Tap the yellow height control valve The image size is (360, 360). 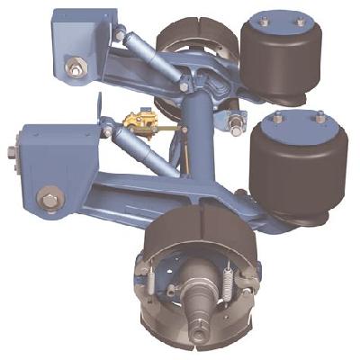(x=139, y=121)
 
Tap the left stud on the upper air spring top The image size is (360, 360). (x=262, y=20)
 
